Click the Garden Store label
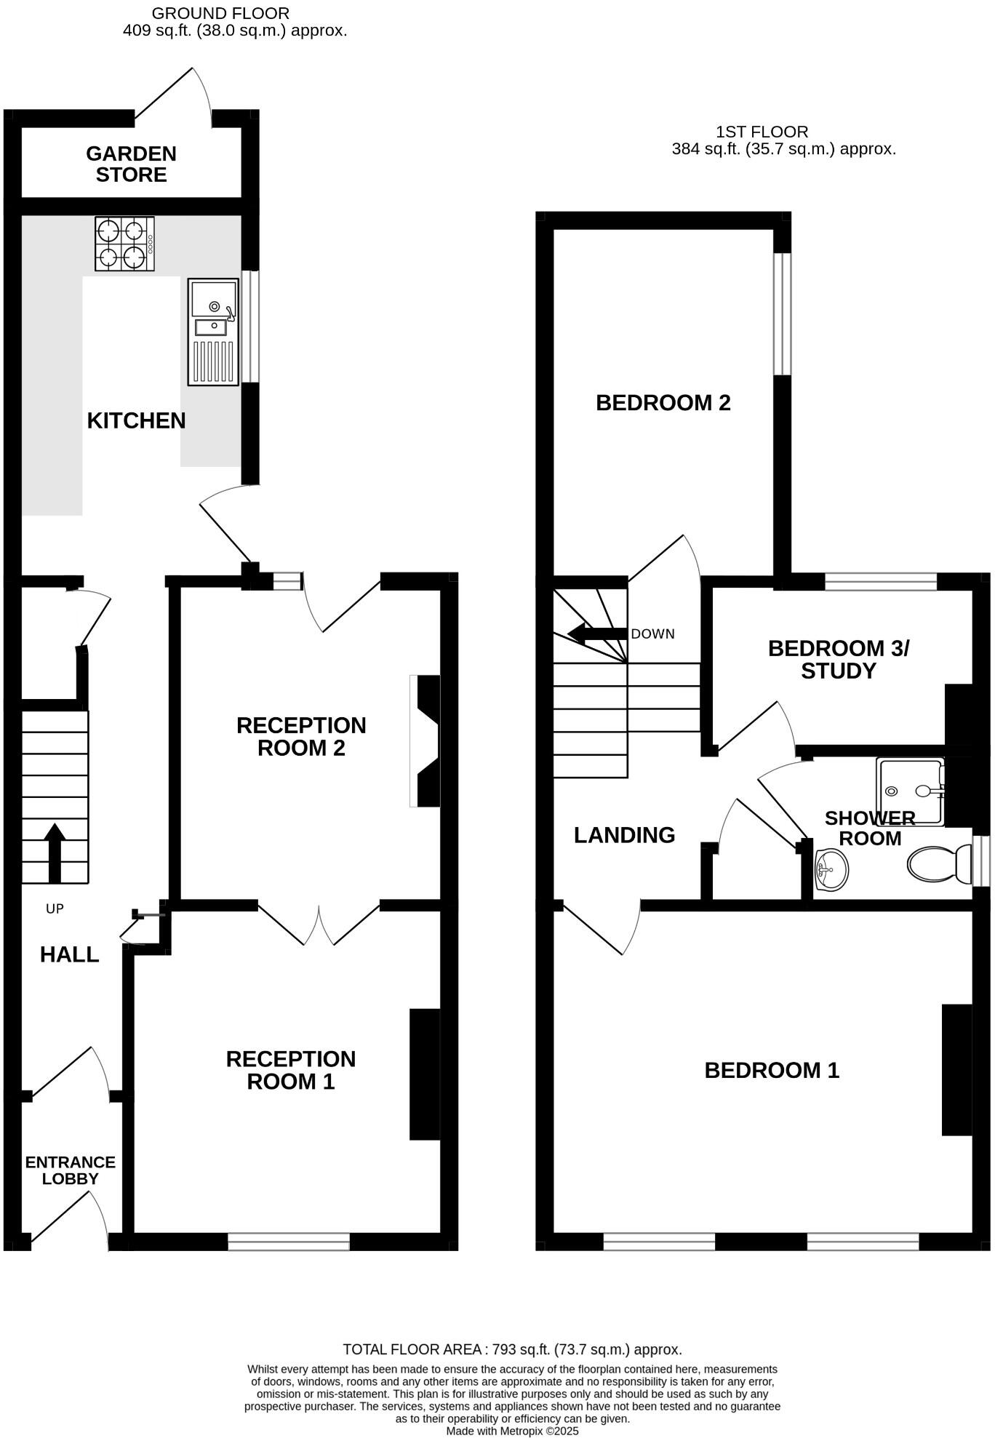point(131,164)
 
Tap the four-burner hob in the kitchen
point(124,244)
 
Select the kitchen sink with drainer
point(213,332)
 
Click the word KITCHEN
point(136,420)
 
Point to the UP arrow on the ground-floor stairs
point(55,852)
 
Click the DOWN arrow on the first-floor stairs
point(596,634)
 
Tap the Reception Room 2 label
point(301,736)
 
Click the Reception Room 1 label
point(291,1070)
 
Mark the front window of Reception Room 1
point(289,1241)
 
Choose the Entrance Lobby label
point(70,1170)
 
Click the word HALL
point(69,955)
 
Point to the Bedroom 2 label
point(663,403)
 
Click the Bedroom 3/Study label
point(838,659)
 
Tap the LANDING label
point(624,835)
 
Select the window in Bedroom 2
point(782,313)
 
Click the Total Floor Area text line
point(512,1350)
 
